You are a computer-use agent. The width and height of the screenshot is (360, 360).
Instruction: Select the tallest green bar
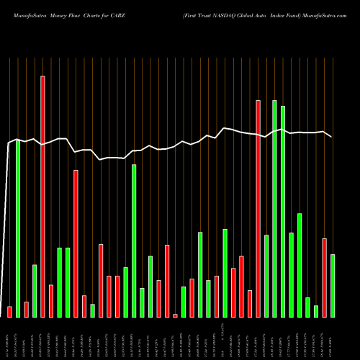point(274,208)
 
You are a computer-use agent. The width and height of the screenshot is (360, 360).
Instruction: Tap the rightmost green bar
point(333,285)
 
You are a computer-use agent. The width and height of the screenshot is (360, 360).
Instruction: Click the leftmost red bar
point(9,311)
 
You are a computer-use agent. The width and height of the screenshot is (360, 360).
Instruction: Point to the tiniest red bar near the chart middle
point(175,315)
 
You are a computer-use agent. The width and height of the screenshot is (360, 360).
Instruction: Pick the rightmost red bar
point(324,277)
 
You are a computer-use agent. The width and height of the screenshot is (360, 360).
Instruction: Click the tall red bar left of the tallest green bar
point(258,208)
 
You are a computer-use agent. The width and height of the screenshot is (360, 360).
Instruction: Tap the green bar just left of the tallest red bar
point(34,290)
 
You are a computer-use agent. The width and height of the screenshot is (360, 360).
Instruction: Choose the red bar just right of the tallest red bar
point(50,300)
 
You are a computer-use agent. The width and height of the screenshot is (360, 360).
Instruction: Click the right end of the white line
point(332,137)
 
